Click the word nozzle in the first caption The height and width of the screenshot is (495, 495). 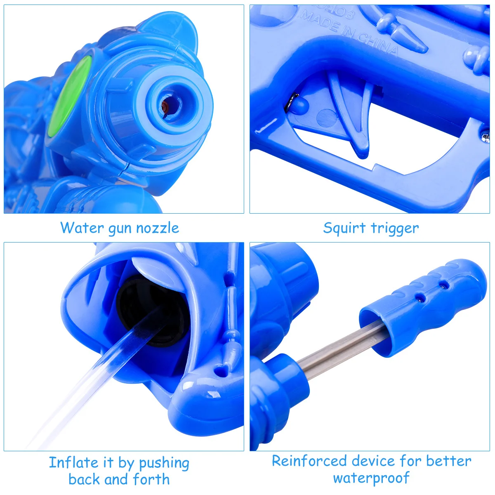click(158, 228)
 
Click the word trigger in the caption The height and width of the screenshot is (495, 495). click(395, 228)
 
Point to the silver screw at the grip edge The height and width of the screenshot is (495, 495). click(486, 134)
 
